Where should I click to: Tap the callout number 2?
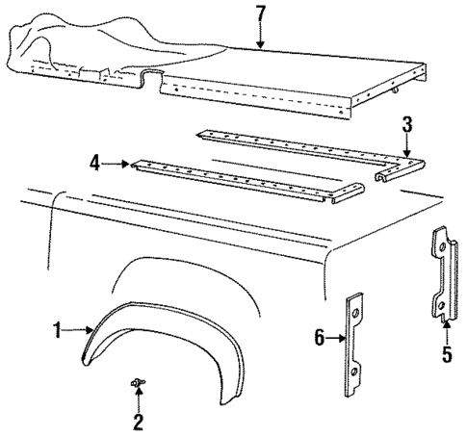pos(138,422)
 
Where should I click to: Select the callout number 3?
pos(407,124)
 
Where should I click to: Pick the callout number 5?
pos(445,354)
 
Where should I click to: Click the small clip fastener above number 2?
pos(138,385)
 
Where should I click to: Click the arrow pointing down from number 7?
pos(261,37)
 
